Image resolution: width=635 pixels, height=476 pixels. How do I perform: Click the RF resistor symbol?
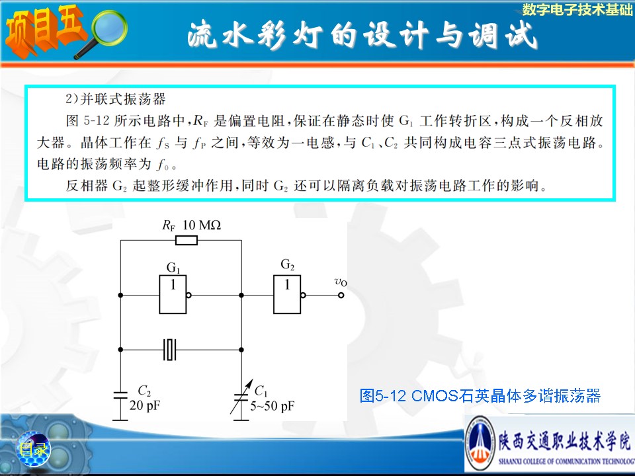tap(187, 241)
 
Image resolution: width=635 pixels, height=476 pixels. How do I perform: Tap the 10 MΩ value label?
tap(202, 225)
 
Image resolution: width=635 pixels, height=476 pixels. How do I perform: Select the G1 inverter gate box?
tap(173, 294)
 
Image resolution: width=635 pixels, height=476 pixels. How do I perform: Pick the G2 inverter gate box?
tap(287, 294)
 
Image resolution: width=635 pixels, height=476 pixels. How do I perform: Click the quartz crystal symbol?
tap(170, 349)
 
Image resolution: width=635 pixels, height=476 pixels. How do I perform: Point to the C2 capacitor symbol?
tap(120, 395)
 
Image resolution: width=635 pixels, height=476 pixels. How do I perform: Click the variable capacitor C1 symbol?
tap(241, 397)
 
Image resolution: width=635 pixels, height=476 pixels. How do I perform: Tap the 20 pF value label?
tap(145, 405)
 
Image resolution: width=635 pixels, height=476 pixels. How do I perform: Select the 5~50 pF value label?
tap(272, 406)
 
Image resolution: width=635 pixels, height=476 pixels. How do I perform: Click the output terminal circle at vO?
tap(341, 295)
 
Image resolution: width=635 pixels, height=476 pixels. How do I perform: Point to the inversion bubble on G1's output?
tap(189, 295)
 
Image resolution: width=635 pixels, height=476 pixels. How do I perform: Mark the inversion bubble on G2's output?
tap(304, 295)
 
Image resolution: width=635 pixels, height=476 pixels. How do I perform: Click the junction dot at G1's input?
tap(120, 295)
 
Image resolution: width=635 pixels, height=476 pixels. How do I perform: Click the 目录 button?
tap(33, 449)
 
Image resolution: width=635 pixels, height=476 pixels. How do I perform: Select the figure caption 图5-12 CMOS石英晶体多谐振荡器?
tap(480, 395)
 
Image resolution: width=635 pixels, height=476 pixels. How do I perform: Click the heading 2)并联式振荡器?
tap(115, 99)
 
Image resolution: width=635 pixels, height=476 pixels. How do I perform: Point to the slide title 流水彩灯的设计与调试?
tap(362, 36)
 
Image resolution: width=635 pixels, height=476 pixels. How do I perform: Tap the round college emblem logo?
tap(480, 444)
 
